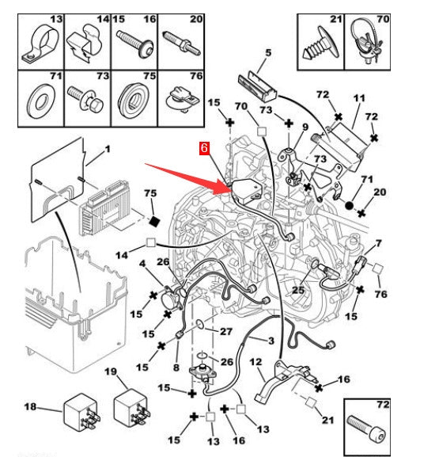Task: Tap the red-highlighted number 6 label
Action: [x=205, y=147]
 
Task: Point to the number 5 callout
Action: [x=268, y=54]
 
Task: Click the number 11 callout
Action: [x=359, y=100]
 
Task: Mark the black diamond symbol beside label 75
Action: [x=155, y=219]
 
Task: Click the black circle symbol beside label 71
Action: [x=348, y=206]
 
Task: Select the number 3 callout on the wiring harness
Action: [x=271, y=341]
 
